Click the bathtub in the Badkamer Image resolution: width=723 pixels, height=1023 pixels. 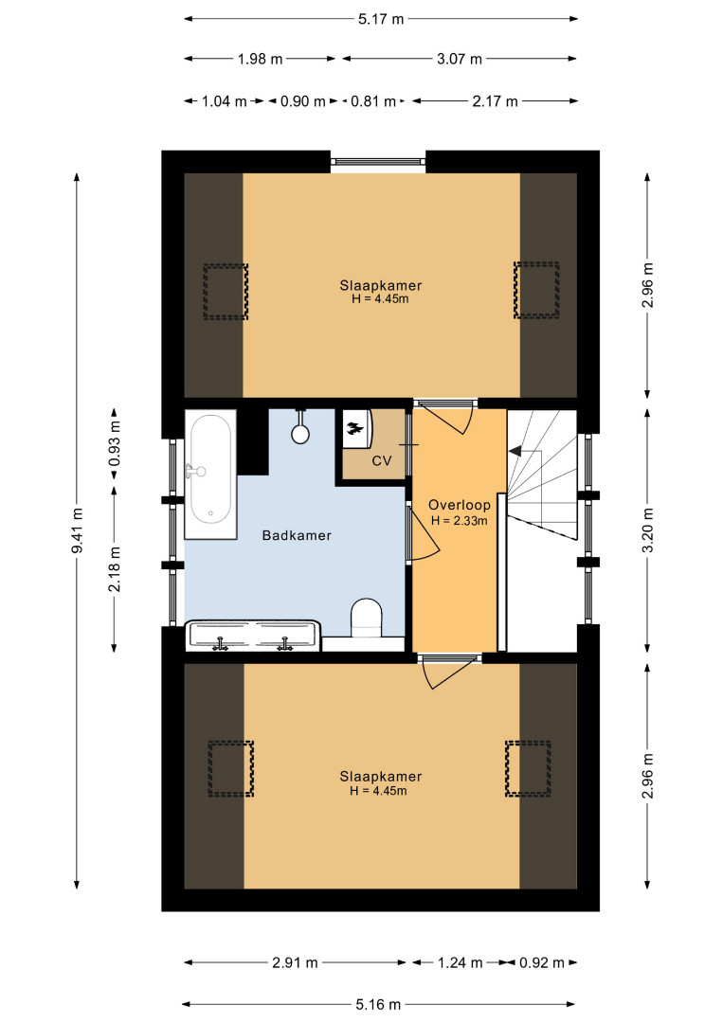click(210, 475)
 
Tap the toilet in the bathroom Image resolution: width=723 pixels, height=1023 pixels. click(366, 618)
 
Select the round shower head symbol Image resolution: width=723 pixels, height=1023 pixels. click(300, 433)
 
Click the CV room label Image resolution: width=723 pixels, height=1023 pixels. click(382, 460)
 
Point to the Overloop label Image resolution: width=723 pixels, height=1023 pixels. click(460, 504)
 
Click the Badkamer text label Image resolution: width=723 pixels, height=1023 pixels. click(297, 535)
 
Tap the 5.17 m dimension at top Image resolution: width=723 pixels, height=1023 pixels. click(381, 19)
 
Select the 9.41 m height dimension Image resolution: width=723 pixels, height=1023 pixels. click(77, 531)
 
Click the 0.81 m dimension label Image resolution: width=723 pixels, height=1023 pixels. click(373, 101)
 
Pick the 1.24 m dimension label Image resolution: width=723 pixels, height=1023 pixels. click(460, 962)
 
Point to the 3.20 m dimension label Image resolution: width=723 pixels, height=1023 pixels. click(648, 529)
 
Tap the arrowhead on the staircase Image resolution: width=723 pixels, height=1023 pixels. click(515, 450)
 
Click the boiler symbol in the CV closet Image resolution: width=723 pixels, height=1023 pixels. click(356, 429)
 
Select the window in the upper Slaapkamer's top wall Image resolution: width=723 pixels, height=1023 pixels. click(378, 161)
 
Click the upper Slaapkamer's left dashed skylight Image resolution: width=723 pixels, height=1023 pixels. click(226, 291)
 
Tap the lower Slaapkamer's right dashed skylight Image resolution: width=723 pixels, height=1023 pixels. click(528, 768)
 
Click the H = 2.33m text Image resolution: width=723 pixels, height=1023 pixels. click(460, 521)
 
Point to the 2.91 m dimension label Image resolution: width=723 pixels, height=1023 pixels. click(295, 962)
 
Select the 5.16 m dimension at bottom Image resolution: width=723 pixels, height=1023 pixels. click(378, 1005)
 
